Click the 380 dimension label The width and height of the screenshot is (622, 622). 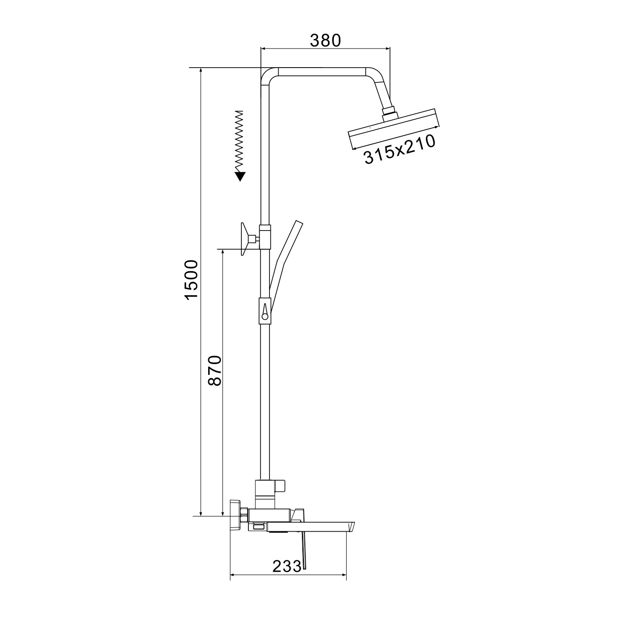point(325,40)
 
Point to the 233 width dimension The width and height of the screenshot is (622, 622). point(287,566)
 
